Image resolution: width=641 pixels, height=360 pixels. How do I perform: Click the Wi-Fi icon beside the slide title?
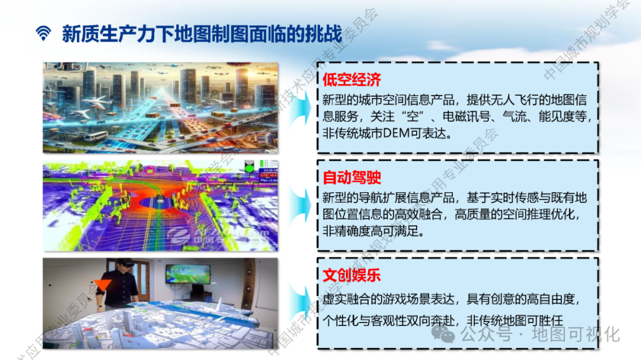coord(43,33)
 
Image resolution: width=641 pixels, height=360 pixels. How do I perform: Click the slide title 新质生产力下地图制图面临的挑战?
coord(202,34)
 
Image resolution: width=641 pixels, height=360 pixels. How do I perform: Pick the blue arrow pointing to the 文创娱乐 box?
coord(300,302)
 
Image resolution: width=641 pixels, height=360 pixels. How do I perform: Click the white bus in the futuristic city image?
coord(94,136)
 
